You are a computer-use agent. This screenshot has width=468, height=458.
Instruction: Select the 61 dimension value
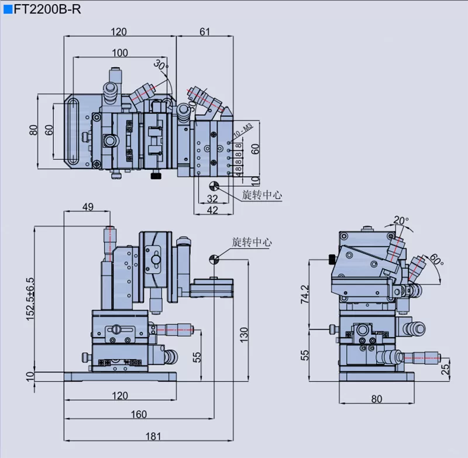[x=205, y=32]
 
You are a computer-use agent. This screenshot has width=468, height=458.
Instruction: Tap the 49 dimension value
[x=88, y=206]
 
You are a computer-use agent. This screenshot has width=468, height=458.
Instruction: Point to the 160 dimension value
[x=139, y=414]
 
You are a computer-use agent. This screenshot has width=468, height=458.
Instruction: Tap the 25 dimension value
[x=446, y=370]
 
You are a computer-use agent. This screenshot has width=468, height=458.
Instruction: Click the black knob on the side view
[x=332, y=259]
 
